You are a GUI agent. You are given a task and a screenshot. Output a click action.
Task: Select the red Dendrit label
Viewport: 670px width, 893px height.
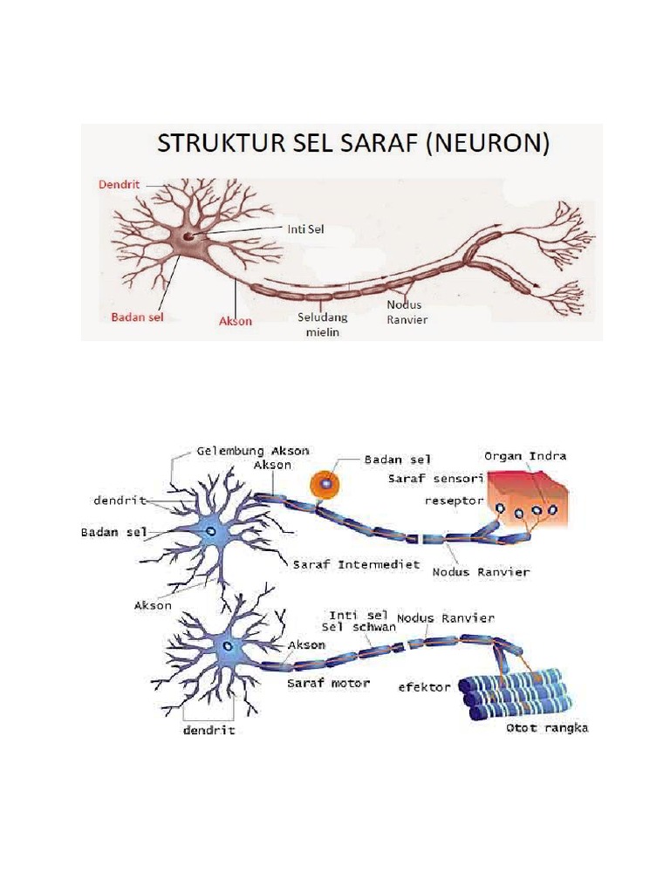(118, 185)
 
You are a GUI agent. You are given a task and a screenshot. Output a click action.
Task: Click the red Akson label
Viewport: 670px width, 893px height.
(234, 321)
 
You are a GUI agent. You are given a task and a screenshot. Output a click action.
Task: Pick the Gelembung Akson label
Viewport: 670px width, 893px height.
(252, 451)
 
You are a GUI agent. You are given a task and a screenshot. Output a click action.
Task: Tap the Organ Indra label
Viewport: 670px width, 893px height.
(527, 455)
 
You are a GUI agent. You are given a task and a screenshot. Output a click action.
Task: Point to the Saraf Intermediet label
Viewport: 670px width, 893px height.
(356, 564)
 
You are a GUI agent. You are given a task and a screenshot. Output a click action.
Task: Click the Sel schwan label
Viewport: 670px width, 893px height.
(359, 627)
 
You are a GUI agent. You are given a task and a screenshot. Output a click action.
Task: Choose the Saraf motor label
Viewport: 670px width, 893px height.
(328, 684)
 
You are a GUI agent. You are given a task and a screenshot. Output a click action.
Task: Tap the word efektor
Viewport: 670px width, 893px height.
(424, 686)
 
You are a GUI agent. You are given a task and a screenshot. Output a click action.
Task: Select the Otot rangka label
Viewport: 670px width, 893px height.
(547, 728)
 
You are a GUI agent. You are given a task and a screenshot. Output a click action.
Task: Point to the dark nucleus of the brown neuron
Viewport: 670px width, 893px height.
(188, 236)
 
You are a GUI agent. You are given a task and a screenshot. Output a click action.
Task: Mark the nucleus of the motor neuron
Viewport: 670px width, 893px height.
(227, 646)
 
